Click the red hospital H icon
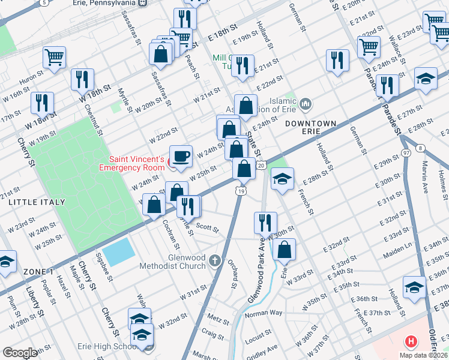pos(411,342)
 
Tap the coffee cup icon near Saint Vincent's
pos(181,156)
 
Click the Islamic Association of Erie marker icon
pos(306,104)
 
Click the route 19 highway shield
pos(240,191)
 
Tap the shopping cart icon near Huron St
pos(54,58)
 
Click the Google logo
pos(20,353)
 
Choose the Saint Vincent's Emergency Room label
pos(136,163)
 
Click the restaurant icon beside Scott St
pos(188,207)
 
